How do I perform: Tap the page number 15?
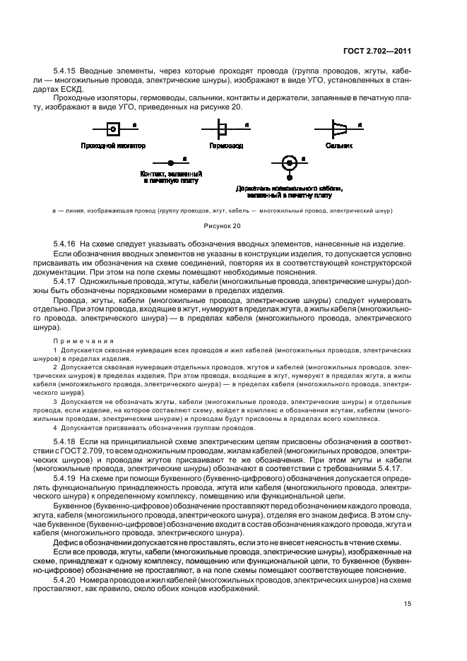pos(408,602)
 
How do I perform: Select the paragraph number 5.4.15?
pos(66,71)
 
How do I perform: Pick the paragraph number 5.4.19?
pos(66,497)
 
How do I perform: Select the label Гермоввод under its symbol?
pos(225,145)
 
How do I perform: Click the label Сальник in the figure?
pos(339,145)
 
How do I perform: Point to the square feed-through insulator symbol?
pos(112,129)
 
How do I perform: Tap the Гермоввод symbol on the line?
pos(222,129)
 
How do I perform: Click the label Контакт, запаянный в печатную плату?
pos(171,177)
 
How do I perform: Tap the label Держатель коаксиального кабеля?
pos(289,189)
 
